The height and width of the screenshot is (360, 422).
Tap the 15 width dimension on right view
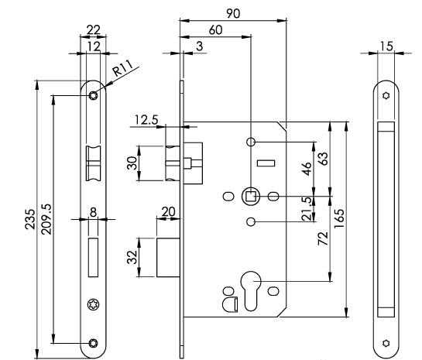click(x=385, y=46)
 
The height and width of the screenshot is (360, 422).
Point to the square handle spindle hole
click(x=250, y=197)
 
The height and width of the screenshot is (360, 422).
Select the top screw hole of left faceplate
click(x=94, y=95)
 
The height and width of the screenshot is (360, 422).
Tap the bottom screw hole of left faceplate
click(x=94, y=343)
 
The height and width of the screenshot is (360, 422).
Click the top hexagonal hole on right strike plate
click(x=385, y=96)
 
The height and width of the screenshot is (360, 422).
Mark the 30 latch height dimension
click(x=132, y=163)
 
